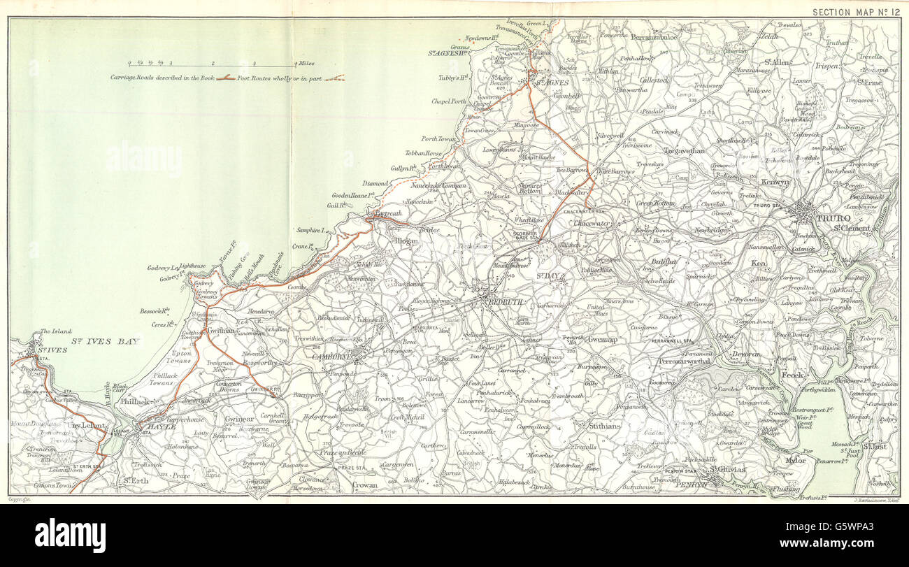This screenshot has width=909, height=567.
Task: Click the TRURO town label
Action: [x=831, y=218]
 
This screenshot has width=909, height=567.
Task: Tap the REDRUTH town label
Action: [x=505, y=302]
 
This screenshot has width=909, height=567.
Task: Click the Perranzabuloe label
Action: [x=654, y=36]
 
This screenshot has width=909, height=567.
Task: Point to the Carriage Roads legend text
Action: [x=162, y=78]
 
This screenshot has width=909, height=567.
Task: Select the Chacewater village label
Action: [x=592, y=223]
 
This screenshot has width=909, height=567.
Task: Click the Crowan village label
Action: [x=364, y=485]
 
